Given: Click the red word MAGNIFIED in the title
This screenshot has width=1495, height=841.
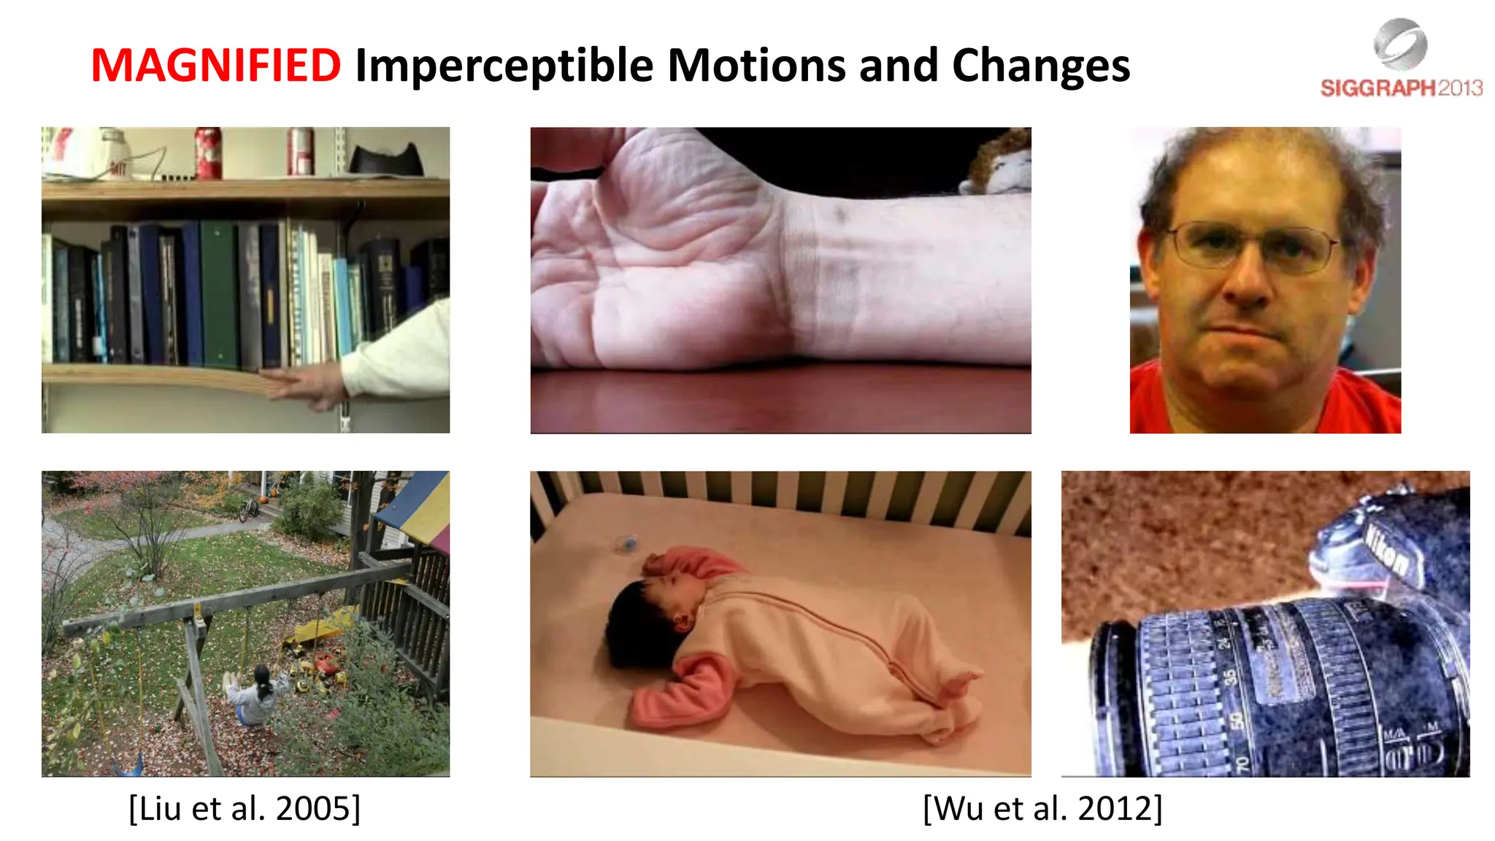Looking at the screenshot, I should click(x=215, y=66).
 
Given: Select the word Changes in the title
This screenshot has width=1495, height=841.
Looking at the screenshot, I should click(x=1041, y=66).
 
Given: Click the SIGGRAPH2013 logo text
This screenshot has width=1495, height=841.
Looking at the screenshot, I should click(x=1401, y=88).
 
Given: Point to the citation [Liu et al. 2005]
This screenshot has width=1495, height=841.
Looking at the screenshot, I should click(x=245, y=808).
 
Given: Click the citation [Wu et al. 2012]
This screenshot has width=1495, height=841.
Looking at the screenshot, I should click(x=1042, y=808).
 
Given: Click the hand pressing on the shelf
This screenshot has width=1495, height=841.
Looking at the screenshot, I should click(x=307, y=383).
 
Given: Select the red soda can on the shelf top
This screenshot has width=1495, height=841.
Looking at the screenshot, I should click(x=208, y=153).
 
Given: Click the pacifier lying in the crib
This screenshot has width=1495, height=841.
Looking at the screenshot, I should click(x=626, y=542).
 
